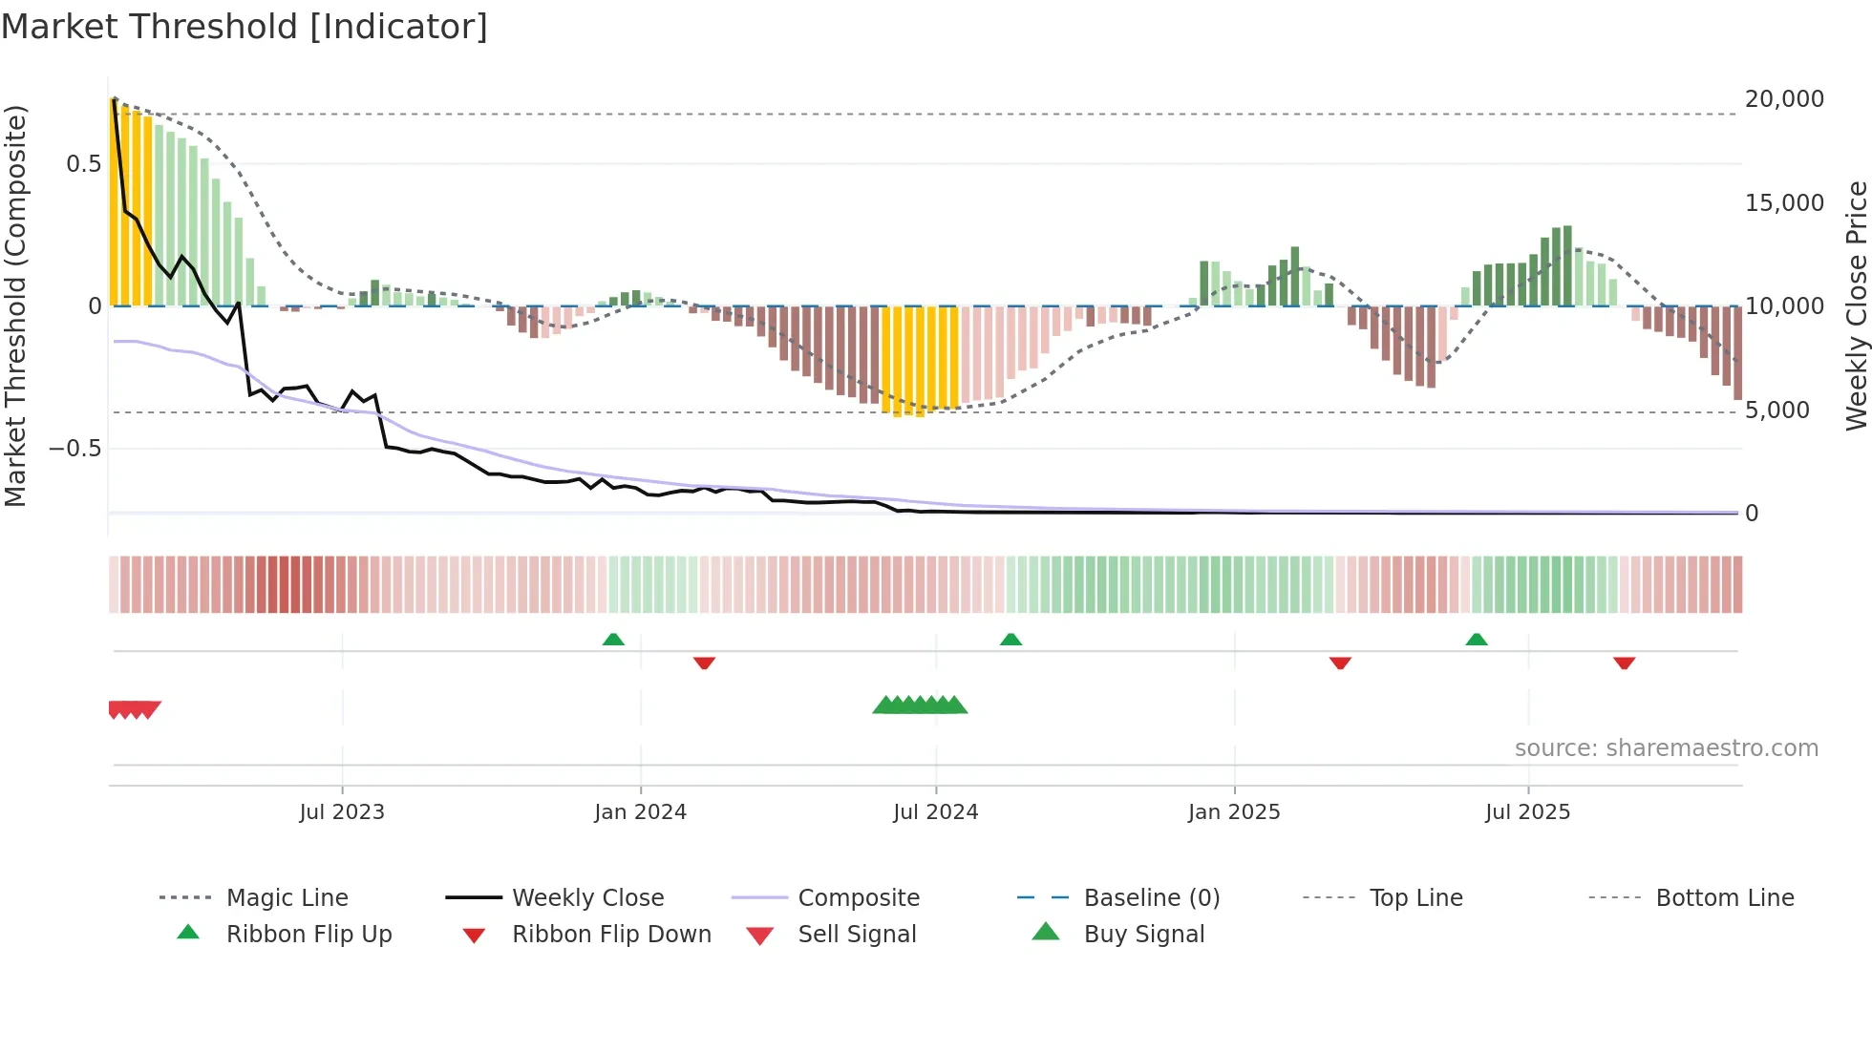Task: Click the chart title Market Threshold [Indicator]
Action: tap(245, 27)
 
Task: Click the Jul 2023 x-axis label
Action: tap(342, 812)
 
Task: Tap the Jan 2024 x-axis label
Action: tap(640, 812)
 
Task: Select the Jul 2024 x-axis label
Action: tap(936, 812)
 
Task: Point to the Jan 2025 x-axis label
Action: tap(1234, 812)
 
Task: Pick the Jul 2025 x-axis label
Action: tap(1528, 812)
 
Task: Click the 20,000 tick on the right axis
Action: tap(1784, 99)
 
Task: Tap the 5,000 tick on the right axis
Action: tap(1776, 410)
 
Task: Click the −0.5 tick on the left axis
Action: tap(74, 449)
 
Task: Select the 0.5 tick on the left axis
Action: tap(83, 164)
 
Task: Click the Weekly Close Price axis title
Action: tap(1856, 305)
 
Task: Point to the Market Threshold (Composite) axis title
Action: tap(15, 305)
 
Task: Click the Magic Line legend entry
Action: tap(287, 898)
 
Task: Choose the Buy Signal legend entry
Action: tap(1143, 935)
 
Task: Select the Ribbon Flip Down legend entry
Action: tap(611, 935)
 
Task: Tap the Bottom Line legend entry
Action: tap(1724, 898)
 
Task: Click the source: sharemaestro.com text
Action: tap(1666, 748)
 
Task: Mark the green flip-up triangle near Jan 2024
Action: tap(613, 640)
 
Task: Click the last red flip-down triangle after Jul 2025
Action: tap(1624, 663)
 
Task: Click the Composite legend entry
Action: tap(858, 898)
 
